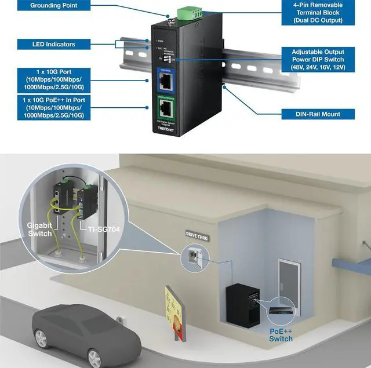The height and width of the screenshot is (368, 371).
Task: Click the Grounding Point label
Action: [x=53, y=5]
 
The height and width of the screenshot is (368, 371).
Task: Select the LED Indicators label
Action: [x=53, y=43]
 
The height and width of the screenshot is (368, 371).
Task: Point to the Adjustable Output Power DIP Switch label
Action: [x=318, y=60]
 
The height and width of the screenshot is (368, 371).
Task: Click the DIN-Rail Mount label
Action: [x=318, y=114]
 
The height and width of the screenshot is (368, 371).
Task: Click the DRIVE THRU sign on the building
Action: [x=195, y=237]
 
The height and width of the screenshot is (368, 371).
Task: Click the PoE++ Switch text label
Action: [x=281, y=334]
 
